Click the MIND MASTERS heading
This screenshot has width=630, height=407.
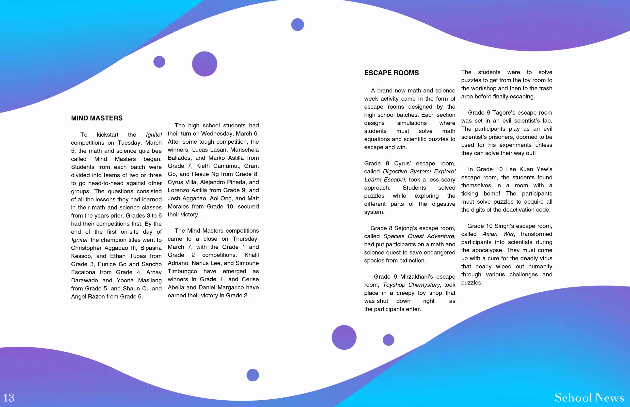pos(97,118)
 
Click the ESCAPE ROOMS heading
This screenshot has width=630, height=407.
pos(392,73)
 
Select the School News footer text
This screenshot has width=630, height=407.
pos(589,397)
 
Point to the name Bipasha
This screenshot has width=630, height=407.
pos(151,248)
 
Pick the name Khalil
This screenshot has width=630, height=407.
pos(252,255)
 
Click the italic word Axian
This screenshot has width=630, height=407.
pos(489,234)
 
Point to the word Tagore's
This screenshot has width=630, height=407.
pos(503,113)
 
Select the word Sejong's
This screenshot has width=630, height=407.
pos(406,228)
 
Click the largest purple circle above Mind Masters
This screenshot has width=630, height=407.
pos(205,64)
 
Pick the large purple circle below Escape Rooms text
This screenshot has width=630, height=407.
pos(344,337)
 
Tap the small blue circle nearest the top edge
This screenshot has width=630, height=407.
pos(297,25)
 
